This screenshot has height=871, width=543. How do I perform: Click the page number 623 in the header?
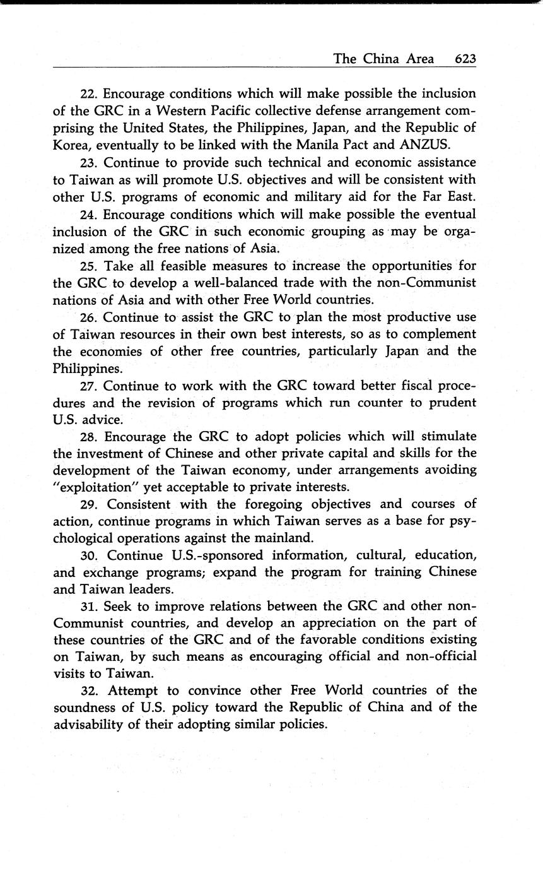(465, 59)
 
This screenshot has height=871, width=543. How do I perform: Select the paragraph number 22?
(90, 94)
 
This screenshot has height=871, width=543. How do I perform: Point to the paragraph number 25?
(90, 266)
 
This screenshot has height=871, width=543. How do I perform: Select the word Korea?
(71, 145)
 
